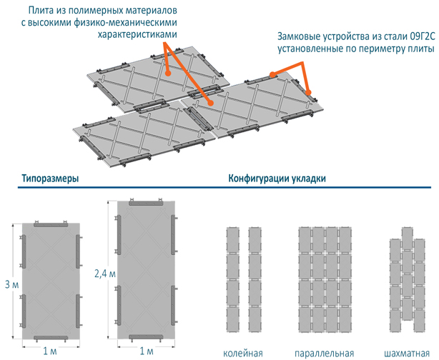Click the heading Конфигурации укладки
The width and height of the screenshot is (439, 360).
point(277,179)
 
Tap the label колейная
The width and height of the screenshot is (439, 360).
point(243,353)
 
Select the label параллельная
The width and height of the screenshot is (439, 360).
point(325,353)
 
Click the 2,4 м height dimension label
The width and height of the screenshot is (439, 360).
point(104,272)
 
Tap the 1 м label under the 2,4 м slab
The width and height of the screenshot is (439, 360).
point(146,351)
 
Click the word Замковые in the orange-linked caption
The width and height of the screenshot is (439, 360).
point(300,37)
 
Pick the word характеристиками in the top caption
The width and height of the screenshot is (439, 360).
point(136,34)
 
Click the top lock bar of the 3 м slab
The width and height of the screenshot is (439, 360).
point(51,225)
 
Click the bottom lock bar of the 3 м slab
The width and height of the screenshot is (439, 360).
point(51,335)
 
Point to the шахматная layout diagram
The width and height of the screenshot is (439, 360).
point(404,282)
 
